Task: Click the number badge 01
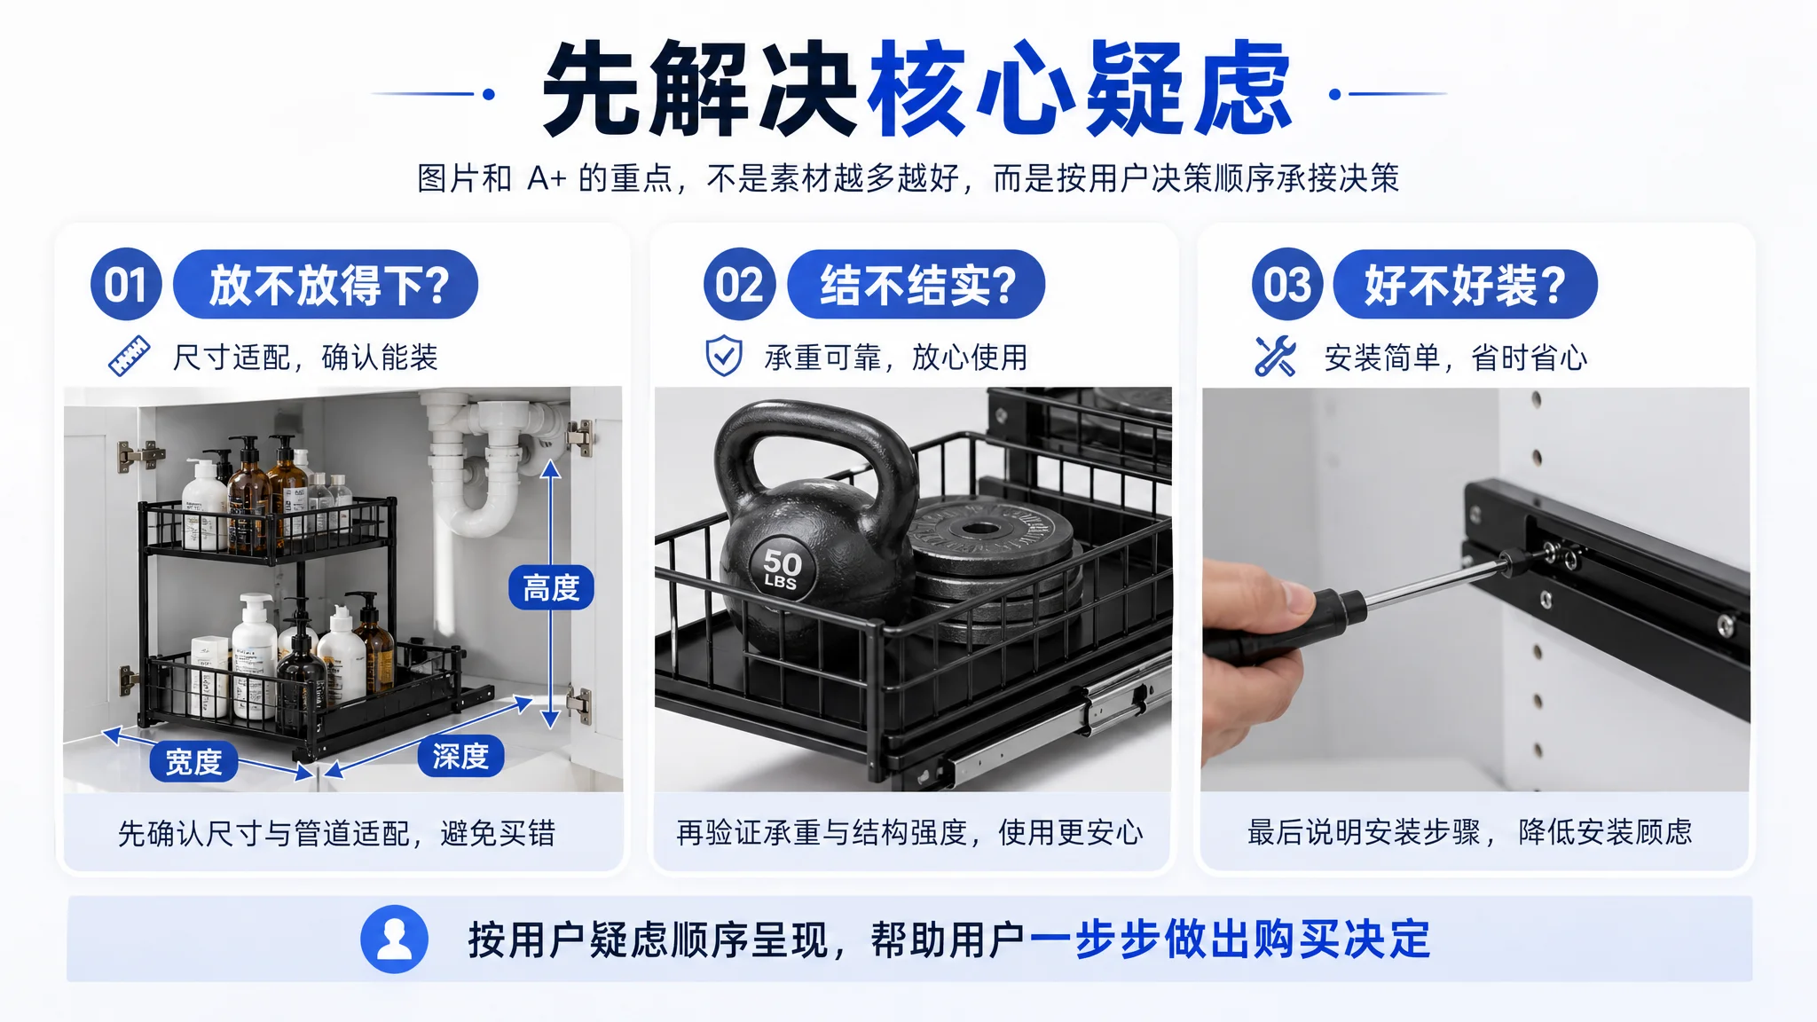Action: click(126, 284)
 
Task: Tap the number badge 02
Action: click(740, 284)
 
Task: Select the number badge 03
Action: click(1287, 284)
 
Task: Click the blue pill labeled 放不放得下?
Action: click(326, 285)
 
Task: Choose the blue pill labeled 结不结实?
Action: click(916, 285)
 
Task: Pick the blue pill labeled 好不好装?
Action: click(1465, 285)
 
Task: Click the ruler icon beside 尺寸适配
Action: click(130, 357)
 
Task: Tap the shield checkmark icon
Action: click(724, 357)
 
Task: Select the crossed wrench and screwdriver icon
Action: click(1275, 357)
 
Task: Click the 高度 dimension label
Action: click(551, 587)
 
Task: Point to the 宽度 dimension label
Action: click(193, 761)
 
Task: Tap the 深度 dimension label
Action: click(460, 756)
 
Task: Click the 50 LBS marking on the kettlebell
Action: click(782, 570)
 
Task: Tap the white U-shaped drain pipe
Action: click(486, 470)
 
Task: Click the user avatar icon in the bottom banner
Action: click(394, 939)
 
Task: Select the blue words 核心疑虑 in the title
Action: click(1079, 89)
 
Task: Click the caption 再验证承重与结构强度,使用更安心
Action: click(910, 832)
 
